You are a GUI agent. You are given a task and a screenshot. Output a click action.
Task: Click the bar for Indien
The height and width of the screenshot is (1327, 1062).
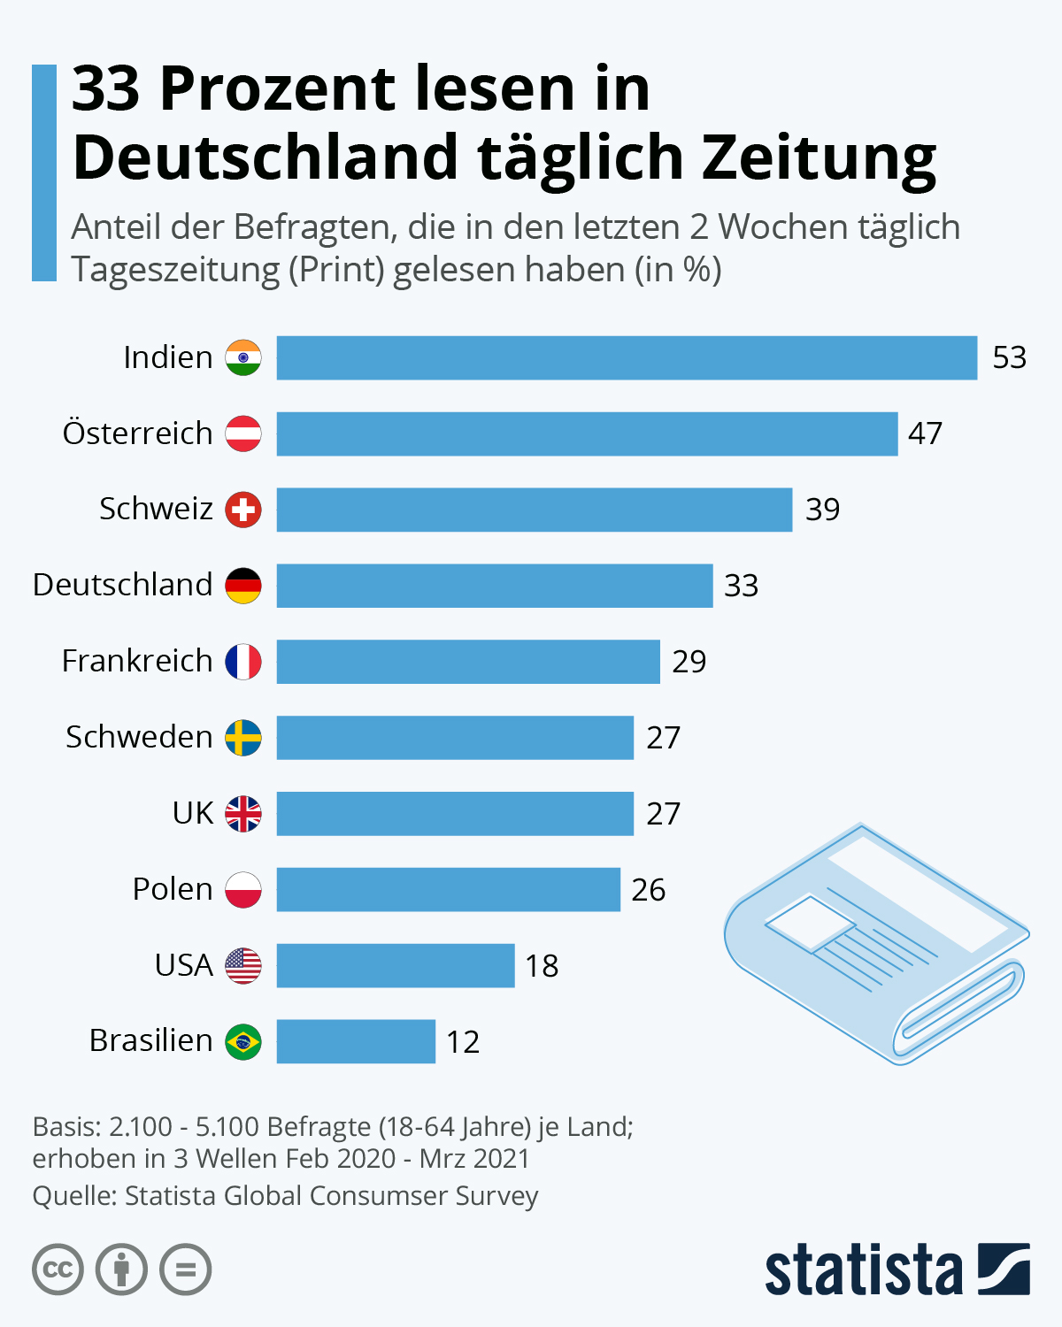coord(627,357)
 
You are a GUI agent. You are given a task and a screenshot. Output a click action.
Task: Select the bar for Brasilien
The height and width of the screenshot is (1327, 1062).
coord(356,1041)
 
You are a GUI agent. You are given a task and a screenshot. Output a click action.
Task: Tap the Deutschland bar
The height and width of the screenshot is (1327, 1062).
coord(494,586)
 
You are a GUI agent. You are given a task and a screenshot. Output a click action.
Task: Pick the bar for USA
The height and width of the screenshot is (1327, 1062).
coord(395,965)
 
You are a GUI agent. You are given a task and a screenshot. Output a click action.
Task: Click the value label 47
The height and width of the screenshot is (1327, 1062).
coord(925,433)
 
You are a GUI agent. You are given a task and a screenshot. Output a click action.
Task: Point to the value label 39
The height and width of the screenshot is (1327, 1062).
coord(822,510)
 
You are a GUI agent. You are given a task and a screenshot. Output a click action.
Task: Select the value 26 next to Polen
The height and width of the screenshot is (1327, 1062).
coord(648,890)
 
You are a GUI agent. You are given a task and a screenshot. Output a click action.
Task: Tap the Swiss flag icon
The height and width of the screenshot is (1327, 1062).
coord(243,510)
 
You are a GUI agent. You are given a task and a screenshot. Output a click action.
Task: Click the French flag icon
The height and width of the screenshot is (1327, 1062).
coord(243,662)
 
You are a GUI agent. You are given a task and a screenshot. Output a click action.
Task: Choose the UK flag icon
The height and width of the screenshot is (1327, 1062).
coord(243,814)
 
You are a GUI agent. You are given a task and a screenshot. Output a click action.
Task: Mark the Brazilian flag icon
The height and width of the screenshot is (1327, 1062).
coord(243,1041)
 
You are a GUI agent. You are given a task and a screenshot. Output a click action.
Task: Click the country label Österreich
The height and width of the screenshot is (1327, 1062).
coord(137,433)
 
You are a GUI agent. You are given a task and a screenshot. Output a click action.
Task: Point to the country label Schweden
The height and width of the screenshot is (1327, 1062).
coord(139,737)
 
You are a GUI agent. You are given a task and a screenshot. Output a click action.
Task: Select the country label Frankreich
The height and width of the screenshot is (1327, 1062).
coord(137,661)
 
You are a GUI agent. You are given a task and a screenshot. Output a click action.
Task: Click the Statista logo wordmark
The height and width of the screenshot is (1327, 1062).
coord(863,1270)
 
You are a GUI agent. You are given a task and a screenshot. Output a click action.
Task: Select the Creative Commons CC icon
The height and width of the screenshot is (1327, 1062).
coord(58,1270)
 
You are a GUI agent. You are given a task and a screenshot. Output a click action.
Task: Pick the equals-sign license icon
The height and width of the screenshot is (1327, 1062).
coord(186,1270)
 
